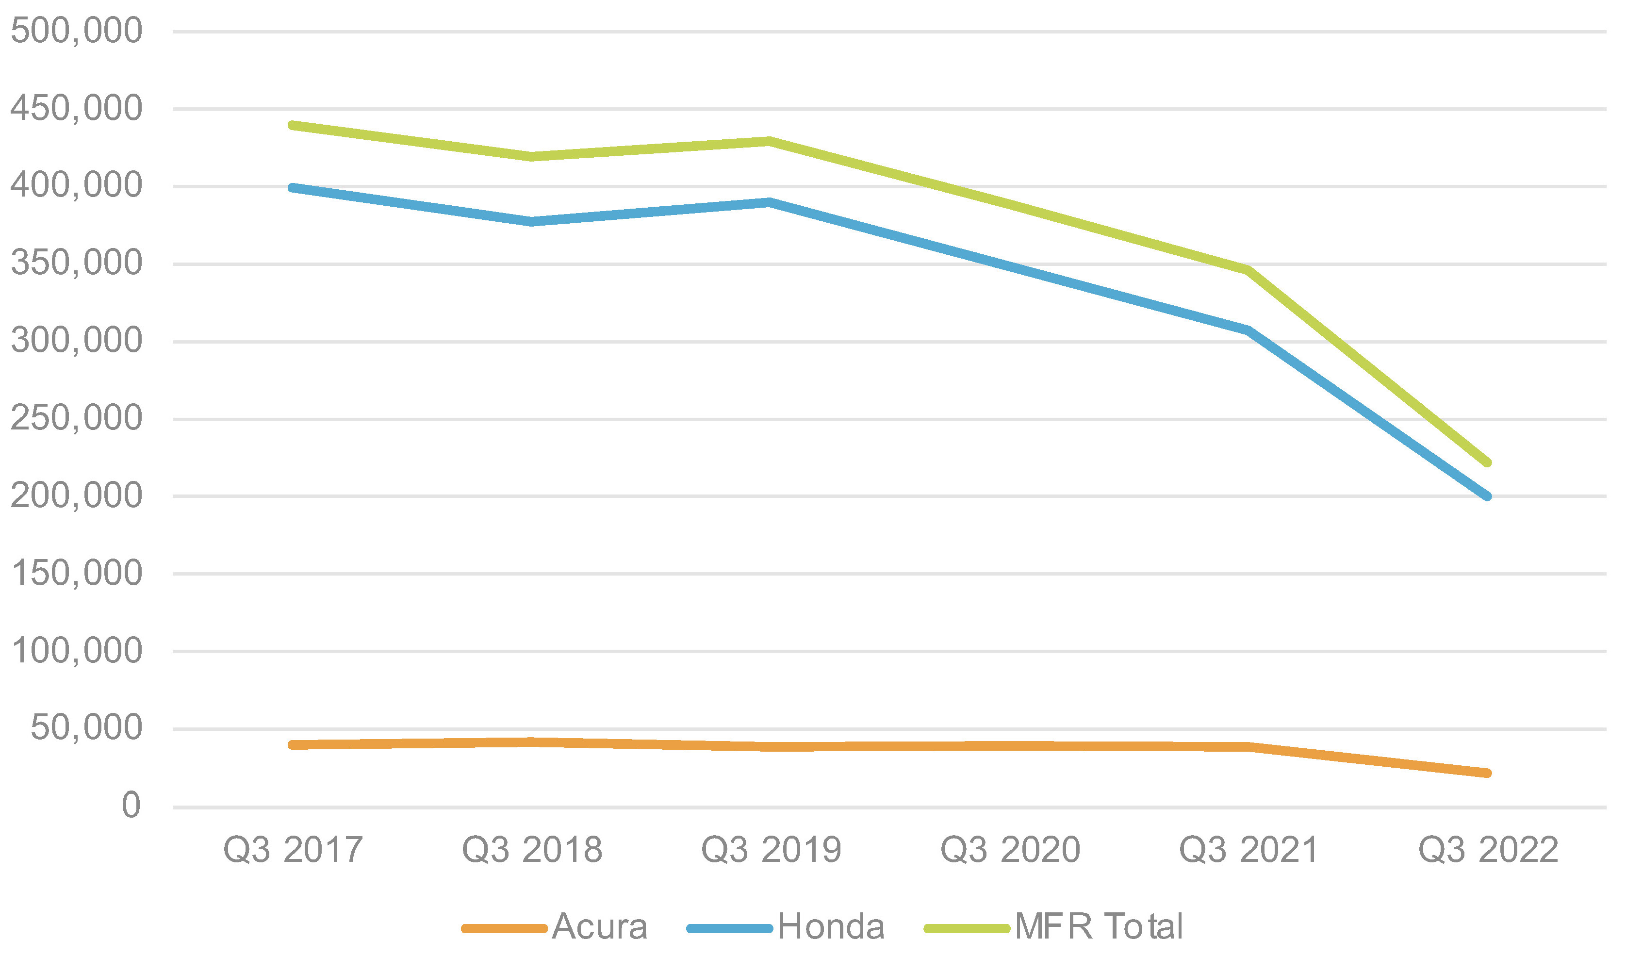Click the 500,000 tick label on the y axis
[76, 31]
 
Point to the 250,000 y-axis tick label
[76, 418]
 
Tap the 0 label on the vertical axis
[131, 806]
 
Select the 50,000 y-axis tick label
[86, 727]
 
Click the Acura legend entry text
[599, 927]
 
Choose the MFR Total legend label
[1098, 927]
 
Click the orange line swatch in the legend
[505, 929]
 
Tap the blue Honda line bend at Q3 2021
[1248, 330]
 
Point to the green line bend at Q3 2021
[1248, 270]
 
